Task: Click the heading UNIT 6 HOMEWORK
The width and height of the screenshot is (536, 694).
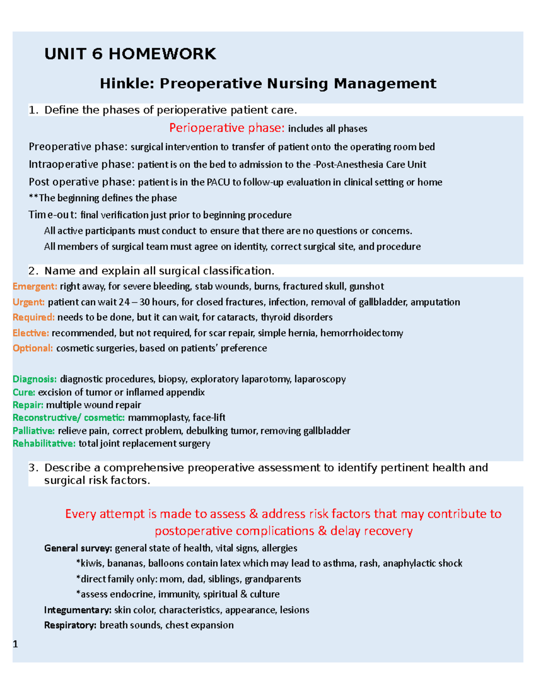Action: click(x=130, y=54)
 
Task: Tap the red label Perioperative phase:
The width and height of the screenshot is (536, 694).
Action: click(x=226, y=128)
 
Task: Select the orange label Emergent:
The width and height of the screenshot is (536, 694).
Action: click(x=35, y=286)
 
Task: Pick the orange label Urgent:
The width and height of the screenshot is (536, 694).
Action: click(x=29, y=302)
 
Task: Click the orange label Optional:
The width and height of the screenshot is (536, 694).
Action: click(x=33, y=348)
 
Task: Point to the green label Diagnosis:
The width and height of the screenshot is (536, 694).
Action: click(x=34, y=379)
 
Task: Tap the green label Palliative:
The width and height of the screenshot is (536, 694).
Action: click(x=33, y=431)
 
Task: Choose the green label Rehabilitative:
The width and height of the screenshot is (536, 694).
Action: click(x=44, y=444)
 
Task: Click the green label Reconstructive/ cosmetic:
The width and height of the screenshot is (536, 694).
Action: click(x=68, y=418)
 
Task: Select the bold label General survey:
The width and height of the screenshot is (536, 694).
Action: click(x=78, y=548)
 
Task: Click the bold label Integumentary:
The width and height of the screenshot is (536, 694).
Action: click(x=78, y=610)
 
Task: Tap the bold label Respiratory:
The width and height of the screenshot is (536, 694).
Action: click(x=70, y=625)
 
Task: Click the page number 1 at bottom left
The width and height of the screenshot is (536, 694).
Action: click(x=16, y=644)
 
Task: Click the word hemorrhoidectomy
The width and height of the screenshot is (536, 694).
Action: click(x=361, y=333)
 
